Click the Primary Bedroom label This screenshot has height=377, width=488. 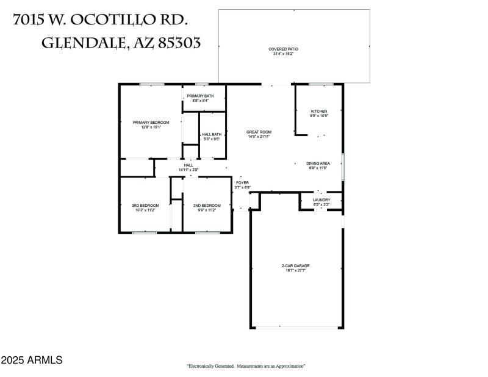click(151, 123)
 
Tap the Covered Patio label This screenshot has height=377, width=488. click(282, 49)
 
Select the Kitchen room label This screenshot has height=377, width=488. click(319, 111)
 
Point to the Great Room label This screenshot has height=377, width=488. click(259, 132)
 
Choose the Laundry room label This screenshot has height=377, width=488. click(321, 200)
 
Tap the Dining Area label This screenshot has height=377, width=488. click(318, 163)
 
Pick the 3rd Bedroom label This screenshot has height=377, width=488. click(145, 206)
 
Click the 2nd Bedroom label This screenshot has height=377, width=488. click(207, 206)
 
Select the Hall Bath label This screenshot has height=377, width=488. click(212, 134)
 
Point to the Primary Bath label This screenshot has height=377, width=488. click(200, 96)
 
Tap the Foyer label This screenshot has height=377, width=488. click(243, 182)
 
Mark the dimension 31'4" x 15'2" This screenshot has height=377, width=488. click(282, 54)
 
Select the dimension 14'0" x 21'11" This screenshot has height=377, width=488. click(259, 137)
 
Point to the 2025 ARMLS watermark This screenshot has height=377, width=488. click(32, 361)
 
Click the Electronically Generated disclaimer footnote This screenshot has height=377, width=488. click(246, 366)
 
